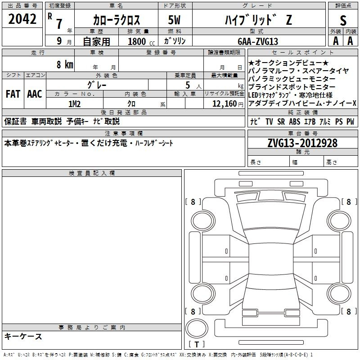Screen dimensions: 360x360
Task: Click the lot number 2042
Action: tap(22, 19)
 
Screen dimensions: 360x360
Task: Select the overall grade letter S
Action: tap(343, 20)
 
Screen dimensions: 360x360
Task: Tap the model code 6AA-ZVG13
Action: tap(258, 41)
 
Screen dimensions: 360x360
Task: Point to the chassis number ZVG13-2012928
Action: tap(302, 143)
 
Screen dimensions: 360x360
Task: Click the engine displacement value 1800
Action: tap(137, 41)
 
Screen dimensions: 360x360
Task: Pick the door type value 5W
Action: tap(174, 20)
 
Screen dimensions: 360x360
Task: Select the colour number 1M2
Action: tap(74, 104)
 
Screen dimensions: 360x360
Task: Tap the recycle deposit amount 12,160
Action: tap(224, 104)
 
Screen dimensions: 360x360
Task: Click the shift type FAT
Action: tap(13, 94)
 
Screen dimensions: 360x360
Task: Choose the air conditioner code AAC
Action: tap(35, 94)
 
